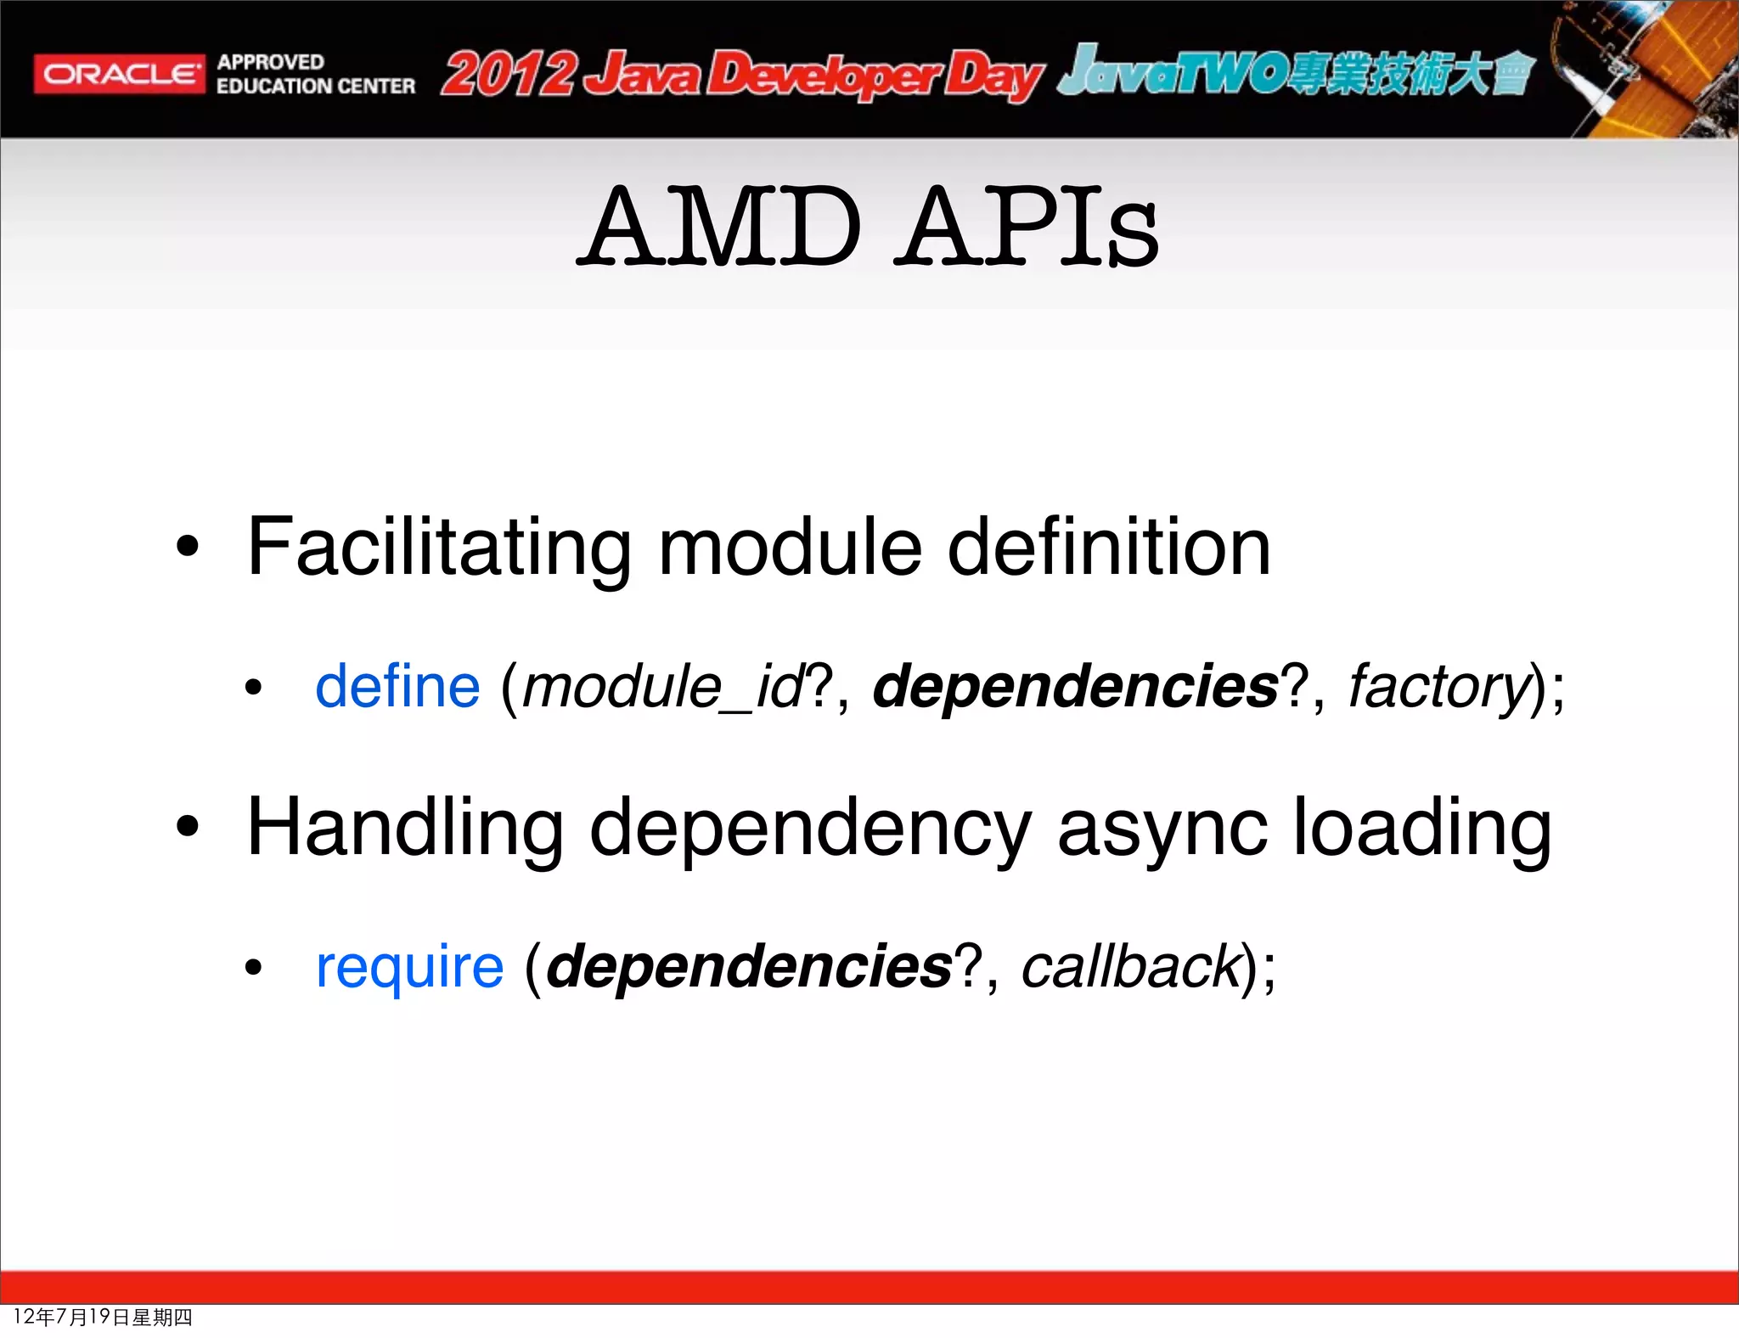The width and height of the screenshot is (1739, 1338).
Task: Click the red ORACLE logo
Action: click(x=119, y=74)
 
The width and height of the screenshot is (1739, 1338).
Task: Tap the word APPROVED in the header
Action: click(x=270, y=62)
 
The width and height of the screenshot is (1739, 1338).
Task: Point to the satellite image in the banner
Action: click(x=1643, y=68)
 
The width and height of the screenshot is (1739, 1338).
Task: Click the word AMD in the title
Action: click(x=722, y=227)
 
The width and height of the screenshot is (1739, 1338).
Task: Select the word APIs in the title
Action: click(x=1029, y=227)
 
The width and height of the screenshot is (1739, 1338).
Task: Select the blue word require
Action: click(x=409, y=967)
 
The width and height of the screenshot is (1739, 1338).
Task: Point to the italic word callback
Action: click(x=1130, y=967)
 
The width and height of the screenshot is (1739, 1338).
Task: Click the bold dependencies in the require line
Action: click(x=750, y=967)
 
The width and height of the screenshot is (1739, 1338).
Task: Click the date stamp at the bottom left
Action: click(x=103, y=1317)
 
